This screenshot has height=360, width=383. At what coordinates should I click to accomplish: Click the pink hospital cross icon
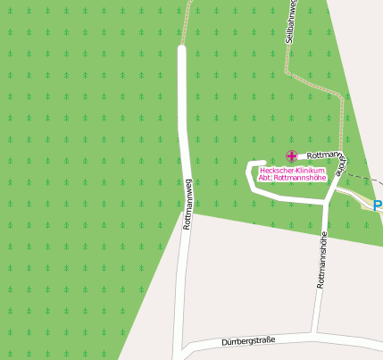coord(291,156)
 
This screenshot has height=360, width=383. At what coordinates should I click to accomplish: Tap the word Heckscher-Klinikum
coord(291,170)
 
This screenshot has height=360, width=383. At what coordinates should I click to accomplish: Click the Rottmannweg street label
coord(187,205)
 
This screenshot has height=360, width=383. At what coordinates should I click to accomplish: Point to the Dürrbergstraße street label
coord(247,341)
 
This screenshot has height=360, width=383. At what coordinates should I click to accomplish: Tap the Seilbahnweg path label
coord(291,21)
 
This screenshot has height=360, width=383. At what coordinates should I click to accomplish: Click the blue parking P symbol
coord(378,205)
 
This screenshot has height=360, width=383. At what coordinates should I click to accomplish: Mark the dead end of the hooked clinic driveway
coord(263,163)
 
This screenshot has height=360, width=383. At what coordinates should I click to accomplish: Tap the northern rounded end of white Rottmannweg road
coord(181,50)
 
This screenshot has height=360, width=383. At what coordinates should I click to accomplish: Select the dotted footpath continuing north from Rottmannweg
coord(187,22)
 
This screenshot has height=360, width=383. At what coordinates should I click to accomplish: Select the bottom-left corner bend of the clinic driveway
coord(254,197)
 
